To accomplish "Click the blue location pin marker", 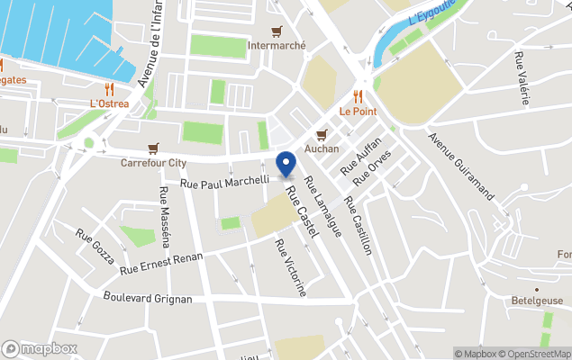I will pos(286,166).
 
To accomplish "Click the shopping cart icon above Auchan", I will pos(321,133).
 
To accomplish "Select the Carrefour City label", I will pos(153,163).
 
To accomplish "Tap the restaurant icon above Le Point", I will pos(358,96).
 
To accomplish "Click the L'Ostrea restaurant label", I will pos(109,103).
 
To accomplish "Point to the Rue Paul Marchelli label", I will pos(225,182).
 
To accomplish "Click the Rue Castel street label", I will pos(303,211).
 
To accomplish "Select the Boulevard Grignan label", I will pos(148,298).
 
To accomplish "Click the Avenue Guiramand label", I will pos(462,167).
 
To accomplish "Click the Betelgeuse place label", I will pos(537,301).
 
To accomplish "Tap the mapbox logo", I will pos(40,348).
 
